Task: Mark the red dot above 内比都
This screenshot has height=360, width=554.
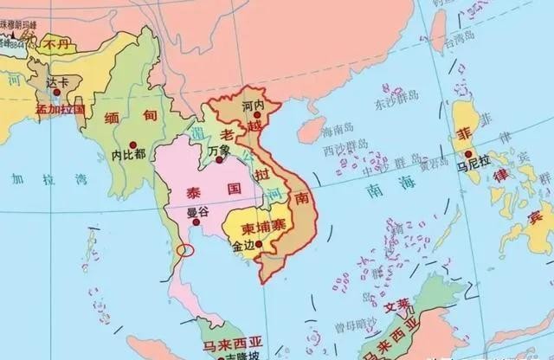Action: coord(132,143)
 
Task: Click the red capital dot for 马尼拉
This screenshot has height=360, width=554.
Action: coord(467,152)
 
